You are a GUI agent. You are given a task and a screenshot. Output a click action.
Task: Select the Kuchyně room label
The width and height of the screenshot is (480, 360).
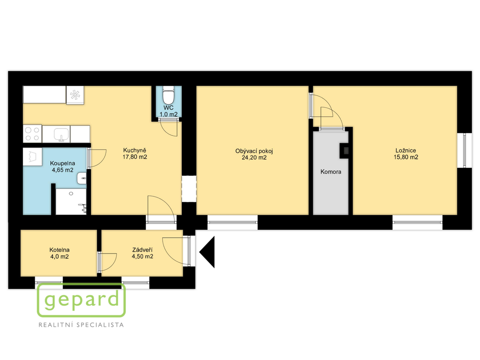135,150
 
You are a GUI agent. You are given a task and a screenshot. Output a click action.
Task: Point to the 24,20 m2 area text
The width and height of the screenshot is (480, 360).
254,157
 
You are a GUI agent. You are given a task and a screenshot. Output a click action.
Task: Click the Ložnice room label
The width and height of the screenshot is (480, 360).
405,150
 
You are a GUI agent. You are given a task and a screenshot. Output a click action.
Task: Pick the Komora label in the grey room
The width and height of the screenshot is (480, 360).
330,172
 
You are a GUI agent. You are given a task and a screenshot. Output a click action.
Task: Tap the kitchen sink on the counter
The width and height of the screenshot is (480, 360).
61,135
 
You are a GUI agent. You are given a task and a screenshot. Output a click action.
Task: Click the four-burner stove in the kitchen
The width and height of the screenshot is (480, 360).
32,134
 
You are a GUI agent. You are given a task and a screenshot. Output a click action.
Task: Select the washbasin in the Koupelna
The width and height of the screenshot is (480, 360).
82,178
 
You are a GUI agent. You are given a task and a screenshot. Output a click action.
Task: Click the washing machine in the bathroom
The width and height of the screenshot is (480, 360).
32,157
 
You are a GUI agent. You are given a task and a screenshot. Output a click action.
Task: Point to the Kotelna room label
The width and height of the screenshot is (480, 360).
60,250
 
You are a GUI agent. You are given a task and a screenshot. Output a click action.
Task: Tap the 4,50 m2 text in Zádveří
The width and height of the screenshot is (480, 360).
142,256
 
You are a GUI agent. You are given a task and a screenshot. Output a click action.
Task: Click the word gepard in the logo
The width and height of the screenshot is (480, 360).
82,300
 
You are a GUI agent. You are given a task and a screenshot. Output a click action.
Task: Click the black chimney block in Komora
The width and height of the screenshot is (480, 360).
345,150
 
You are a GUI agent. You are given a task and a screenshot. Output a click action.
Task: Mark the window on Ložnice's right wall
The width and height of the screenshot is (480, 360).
465,150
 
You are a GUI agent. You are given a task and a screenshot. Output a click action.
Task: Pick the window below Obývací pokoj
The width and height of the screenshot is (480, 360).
232,222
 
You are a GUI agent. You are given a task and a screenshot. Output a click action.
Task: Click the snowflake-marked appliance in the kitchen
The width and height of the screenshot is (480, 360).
75,95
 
